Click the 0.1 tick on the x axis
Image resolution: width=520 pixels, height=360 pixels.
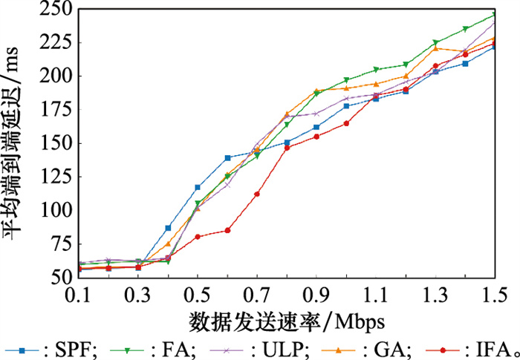coord(79,296)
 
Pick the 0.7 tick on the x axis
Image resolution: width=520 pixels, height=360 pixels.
coord(257,296)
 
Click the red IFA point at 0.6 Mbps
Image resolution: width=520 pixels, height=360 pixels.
coord(227,230)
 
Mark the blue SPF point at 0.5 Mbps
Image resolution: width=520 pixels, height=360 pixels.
coord(198,187)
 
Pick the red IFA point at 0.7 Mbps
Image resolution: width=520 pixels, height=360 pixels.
coord(257,194)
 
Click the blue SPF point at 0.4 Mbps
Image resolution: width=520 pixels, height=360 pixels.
coord(168,228)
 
